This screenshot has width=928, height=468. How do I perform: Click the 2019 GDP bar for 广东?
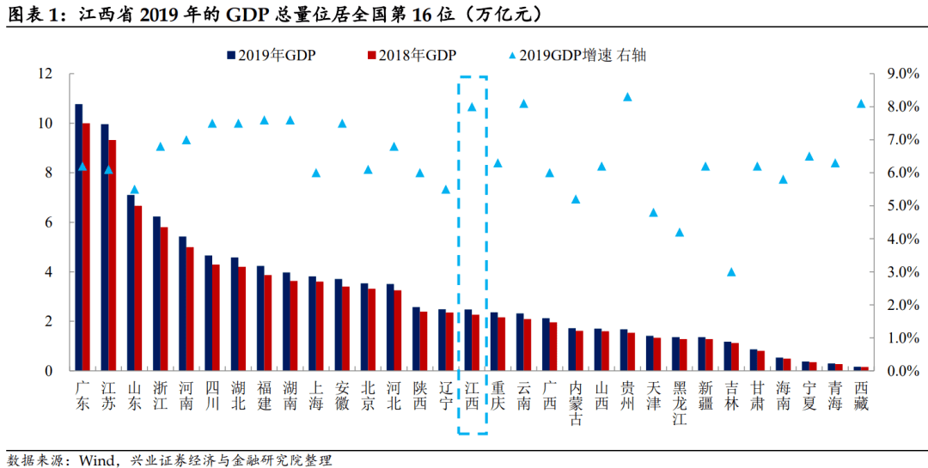click(79, 237)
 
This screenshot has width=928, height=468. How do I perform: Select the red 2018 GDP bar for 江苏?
click(112, 256)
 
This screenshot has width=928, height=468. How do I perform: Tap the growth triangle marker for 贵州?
click(628, 97)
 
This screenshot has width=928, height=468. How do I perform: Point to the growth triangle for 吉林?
click(731, 272)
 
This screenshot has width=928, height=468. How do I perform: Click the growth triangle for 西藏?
click(861, 104)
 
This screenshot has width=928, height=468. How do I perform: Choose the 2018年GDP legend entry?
click(412, 56)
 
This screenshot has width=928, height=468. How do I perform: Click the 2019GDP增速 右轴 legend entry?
click(577, 56)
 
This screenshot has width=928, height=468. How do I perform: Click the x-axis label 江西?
click(472, 396)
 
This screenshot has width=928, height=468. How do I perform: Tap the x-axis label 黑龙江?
click(680, 404)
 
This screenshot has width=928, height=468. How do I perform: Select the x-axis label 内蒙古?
click(575, 404)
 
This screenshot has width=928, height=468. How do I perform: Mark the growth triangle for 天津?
click(653, 212)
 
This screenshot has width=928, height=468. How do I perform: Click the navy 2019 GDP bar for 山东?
click(131, 283)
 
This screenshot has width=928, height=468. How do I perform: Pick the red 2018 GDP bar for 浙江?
click(164, 299)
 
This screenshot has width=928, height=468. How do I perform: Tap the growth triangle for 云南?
click(524, 104)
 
